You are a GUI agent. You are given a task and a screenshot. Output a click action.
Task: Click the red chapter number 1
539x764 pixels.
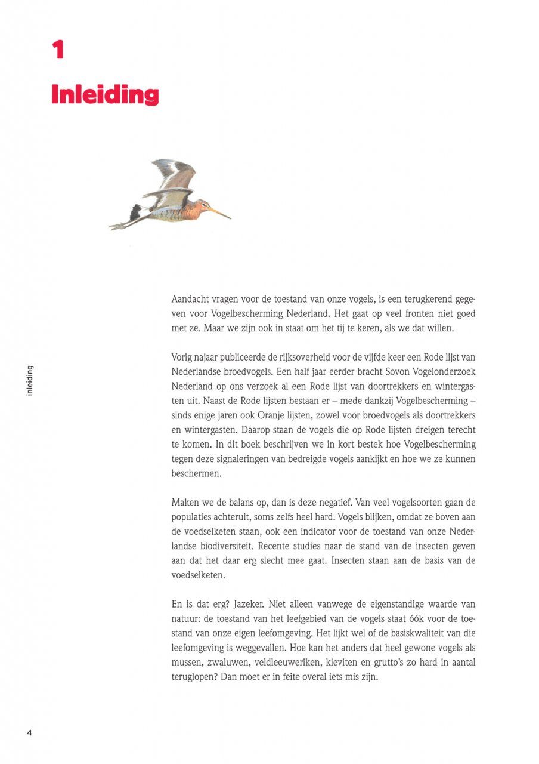[58, 50]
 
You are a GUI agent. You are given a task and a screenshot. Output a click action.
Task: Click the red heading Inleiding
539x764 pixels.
[105, 95]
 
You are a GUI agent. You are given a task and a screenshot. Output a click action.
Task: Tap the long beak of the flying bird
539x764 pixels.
[220, 212]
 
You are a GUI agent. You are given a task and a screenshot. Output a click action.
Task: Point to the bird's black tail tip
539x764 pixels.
[136, 211]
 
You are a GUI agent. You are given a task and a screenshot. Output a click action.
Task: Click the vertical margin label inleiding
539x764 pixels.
[30, 380]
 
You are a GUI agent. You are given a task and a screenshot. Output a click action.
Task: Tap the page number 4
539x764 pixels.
[29, 732]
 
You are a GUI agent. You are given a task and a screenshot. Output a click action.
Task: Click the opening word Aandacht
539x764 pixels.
[191, 299]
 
